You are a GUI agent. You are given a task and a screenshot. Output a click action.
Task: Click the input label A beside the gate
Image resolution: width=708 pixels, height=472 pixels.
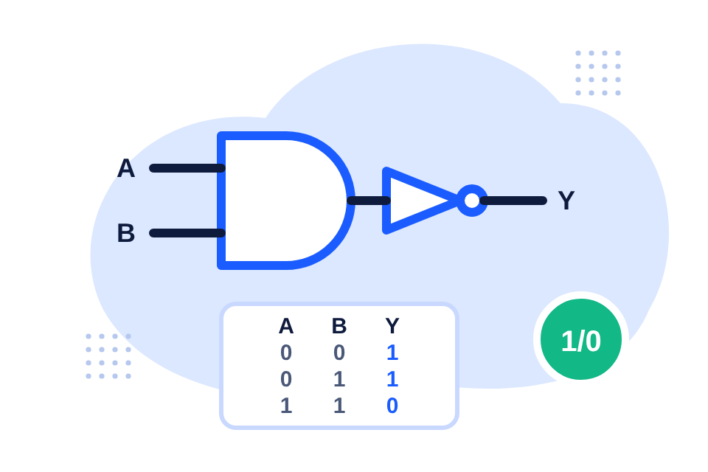click(126, 168)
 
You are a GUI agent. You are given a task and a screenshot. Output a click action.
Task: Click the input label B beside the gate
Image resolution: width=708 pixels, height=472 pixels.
click(126, 233)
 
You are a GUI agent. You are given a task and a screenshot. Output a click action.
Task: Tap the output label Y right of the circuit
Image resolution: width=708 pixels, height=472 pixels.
click(566, 200)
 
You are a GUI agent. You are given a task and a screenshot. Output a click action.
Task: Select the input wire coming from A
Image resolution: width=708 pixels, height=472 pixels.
click(187, 168)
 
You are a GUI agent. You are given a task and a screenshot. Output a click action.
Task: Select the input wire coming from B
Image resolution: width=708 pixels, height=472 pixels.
click(187, 233)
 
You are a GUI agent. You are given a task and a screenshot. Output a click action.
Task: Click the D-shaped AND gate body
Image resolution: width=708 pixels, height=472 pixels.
click(220, 201)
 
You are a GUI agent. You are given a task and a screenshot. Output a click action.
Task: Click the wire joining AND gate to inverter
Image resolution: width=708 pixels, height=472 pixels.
click(369, 201)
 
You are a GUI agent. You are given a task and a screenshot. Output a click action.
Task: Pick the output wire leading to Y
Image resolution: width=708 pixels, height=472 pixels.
click(513, 201)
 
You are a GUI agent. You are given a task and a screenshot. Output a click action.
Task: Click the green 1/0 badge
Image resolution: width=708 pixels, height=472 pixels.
click(581, 339)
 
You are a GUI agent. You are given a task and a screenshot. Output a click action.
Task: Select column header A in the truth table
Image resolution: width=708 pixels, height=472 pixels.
click(286, 326)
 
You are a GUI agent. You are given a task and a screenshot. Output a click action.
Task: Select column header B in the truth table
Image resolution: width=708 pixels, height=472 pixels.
click(339, 326)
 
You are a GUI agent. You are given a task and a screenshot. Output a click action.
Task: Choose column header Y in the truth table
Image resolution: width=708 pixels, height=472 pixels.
click(392, 326)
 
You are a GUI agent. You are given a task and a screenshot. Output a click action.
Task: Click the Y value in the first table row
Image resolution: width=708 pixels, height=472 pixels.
click(392, 353)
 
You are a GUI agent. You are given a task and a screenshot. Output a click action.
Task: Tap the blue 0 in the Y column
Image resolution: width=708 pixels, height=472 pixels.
click(392, 406)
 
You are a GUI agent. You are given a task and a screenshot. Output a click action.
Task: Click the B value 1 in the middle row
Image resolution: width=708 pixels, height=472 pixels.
click(339, 379)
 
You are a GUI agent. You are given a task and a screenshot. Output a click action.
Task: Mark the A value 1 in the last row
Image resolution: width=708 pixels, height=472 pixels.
click(286, 406)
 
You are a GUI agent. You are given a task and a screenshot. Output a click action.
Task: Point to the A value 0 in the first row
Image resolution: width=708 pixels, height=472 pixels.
click(286, 353)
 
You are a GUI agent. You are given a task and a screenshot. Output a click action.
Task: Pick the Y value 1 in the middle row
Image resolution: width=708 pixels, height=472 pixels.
click(392, 379)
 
